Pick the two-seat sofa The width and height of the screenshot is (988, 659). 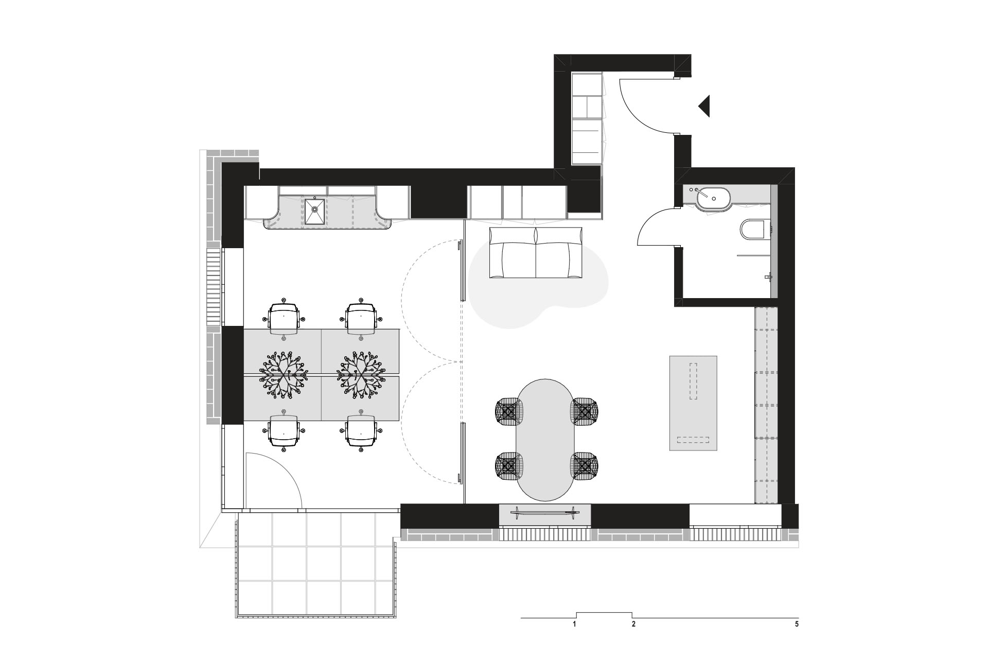536,253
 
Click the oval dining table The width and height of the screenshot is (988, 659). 544,440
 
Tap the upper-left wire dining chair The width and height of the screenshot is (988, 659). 509,411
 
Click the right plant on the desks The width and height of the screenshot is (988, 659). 361,374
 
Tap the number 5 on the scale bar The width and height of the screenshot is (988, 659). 797,625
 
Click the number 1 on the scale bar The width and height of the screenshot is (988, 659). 573,625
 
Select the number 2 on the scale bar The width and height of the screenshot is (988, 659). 633,625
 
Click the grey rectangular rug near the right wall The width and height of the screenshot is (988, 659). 693,403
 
